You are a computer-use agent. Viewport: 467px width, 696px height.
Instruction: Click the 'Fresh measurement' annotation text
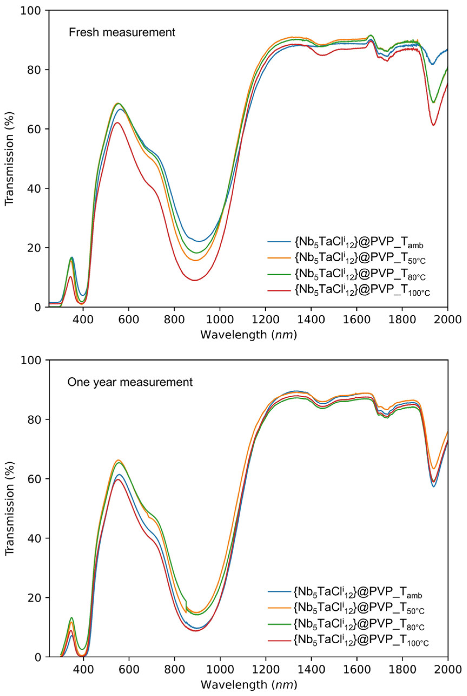pos(122,32)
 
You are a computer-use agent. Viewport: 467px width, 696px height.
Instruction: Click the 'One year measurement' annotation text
pos(130,382)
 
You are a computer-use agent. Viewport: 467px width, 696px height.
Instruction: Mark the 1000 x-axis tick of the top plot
pos(220,320)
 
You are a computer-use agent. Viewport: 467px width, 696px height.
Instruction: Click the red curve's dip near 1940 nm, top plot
pos(434,125)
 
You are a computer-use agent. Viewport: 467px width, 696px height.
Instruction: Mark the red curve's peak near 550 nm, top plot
pos(117,122)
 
